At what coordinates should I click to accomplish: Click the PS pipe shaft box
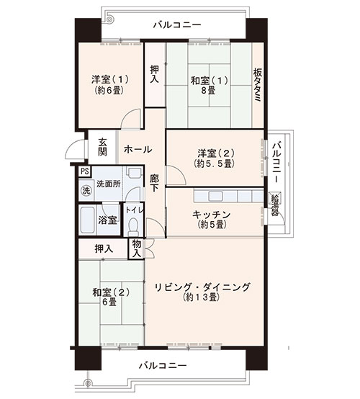click(x=84, y=171)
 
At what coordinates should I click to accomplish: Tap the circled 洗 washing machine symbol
click(x=86, y=190)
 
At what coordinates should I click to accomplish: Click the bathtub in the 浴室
click(x=87, y=220)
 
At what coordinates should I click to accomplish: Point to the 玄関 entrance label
click(x=102, y=147)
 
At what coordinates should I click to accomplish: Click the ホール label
click(x=138, y=149)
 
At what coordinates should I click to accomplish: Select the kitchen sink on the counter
click(x=215, y=196)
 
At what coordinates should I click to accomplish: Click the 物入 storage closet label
click(x=136, y=248)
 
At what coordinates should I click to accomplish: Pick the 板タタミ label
click(x=257, y=86)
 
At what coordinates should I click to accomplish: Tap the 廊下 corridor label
click(x=154, y=183)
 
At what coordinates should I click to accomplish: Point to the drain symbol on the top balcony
click(x=109, y=19)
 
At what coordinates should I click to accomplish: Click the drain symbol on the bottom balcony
click(x=88, y=382)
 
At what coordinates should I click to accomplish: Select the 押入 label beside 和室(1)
click(x=154, y=74)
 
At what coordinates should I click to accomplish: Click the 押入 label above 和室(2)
click(x=104, y=248)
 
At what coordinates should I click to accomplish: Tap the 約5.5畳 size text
click(x=214, y=164)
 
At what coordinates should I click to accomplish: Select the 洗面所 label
click(x=109, y=184)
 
